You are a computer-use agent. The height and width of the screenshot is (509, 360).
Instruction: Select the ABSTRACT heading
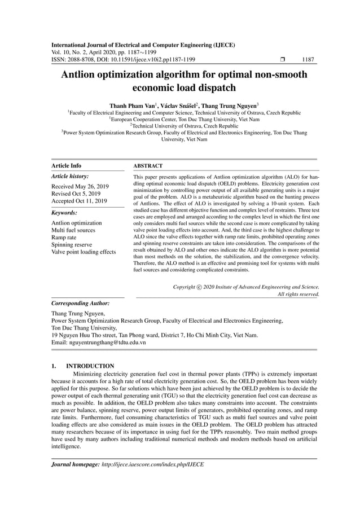pyautogui.click(x=148, y=166)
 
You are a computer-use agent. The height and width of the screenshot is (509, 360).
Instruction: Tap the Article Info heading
pyautogui.click(x=66, y=166)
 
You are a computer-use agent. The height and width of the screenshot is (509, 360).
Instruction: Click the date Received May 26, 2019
pyautogui.click(x=80, y=186)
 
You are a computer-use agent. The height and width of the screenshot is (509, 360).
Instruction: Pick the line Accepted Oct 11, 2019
pyautogui.click(x=79, y=201)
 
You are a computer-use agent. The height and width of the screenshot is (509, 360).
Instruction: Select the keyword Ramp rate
pyautogui.click(x=64, y=238)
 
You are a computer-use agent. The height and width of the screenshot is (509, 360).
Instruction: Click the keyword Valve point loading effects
pyautogui.click(x=84, y=252)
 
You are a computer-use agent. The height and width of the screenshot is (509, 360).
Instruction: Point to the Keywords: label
pyautogui.click(x=64, y=213)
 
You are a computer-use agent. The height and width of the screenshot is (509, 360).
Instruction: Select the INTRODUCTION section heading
pyautogui.click(x=90, y=366)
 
